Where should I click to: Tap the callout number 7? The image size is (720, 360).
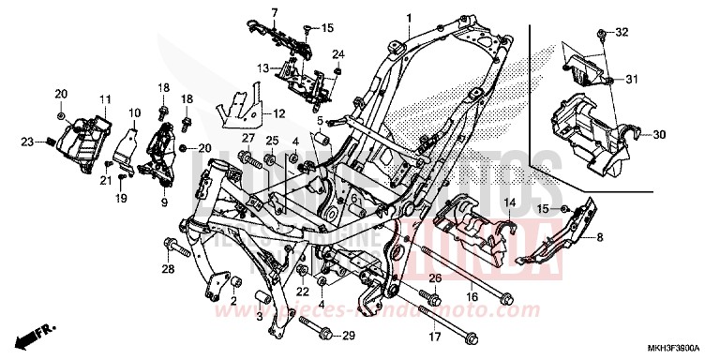pyautogui.click(x=249, y=12)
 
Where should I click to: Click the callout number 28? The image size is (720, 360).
pyautogui.click(x=168, y=271)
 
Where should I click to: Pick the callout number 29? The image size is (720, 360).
pyautogui.click(x=348, y=335)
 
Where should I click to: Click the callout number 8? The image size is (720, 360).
pyautogui.click(x=626, y=238)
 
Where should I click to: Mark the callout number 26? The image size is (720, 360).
pyautogui.click(x=435, y=279)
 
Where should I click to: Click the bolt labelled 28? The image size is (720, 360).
pyautogui.click(x=173, y=248)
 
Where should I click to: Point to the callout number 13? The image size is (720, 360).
pyautogui.click(x=264, y=67)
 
